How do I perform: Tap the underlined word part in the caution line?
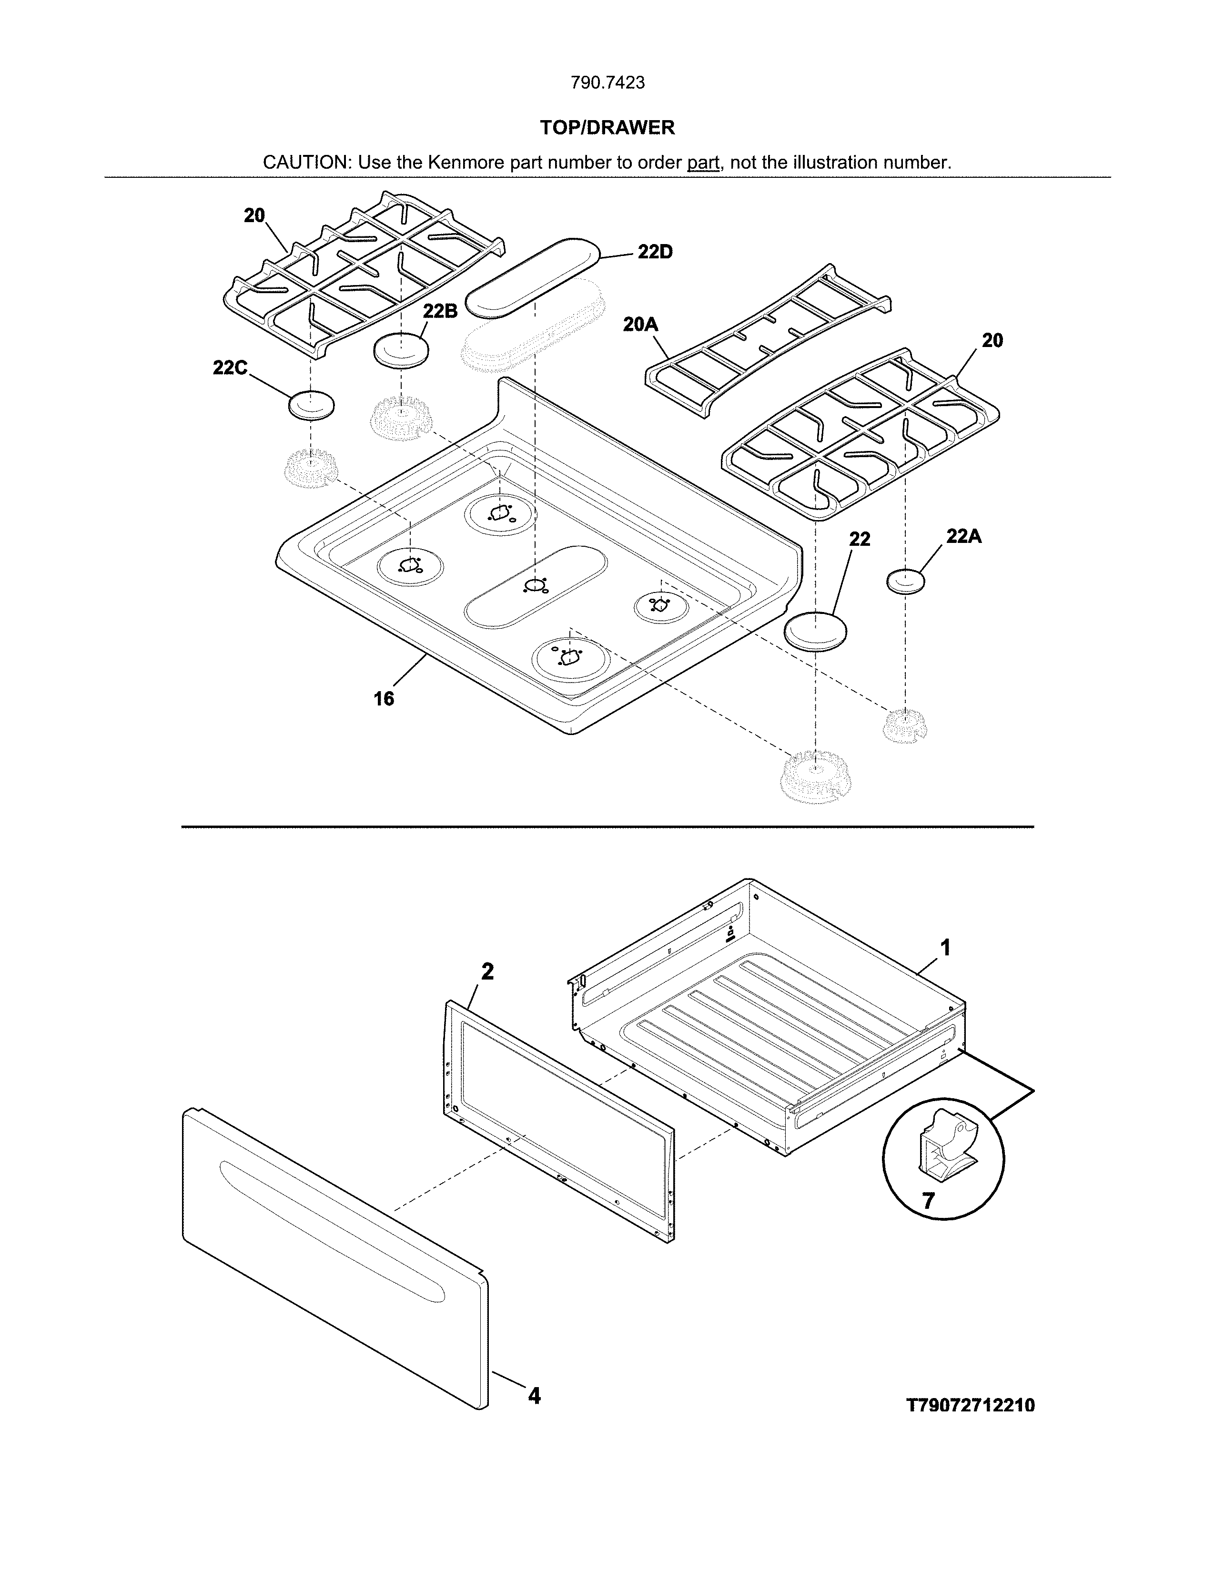click(703, 163)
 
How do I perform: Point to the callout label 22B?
click(439, 311)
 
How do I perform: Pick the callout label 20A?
click(640, 325)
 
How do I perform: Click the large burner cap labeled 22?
click(815, 632)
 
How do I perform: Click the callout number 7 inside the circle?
click(929, 1201)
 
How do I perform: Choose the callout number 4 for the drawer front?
click(533, 1395)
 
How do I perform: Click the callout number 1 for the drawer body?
click(946, 947)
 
